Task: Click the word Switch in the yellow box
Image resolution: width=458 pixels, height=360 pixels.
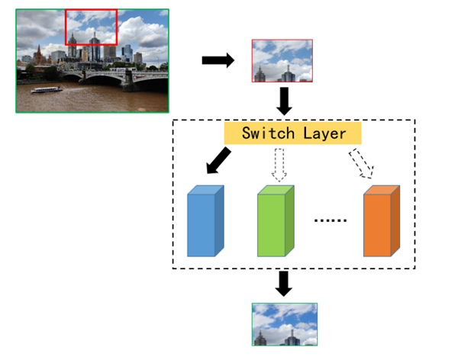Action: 268,133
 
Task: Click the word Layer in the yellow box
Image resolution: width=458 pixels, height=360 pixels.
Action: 324,134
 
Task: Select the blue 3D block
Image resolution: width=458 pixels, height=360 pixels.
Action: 205,221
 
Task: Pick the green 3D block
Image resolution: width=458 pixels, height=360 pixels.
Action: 276,221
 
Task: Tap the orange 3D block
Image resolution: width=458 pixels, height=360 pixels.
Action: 382,221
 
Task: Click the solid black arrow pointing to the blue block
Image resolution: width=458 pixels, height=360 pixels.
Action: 218,161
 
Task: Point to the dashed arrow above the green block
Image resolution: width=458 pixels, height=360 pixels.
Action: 279,166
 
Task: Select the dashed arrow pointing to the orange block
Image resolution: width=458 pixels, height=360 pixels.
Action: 362,163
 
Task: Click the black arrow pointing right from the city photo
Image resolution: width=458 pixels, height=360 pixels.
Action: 218,60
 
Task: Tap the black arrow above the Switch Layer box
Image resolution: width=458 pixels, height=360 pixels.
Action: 284,101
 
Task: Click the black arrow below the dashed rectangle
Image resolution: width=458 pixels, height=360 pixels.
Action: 284,284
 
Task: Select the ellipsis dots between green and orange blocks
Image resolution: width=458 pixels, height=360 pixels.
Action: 331,220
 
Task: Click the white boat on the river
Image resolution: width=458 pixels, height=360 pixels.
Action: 47,90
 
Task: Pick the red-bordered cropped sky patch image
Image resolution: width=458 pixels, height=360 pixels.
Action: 282,61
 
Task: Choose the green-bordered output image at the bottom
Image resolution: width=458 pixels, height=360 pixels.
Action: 285,325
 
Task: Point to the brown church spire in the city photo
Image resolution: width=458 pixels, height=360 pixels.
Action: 39,54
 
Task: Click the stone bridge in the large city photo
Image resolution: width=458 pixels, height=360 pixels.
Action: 114,76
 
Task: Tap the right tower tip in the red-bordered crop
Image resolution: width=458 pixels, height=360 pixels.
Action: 289,66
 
